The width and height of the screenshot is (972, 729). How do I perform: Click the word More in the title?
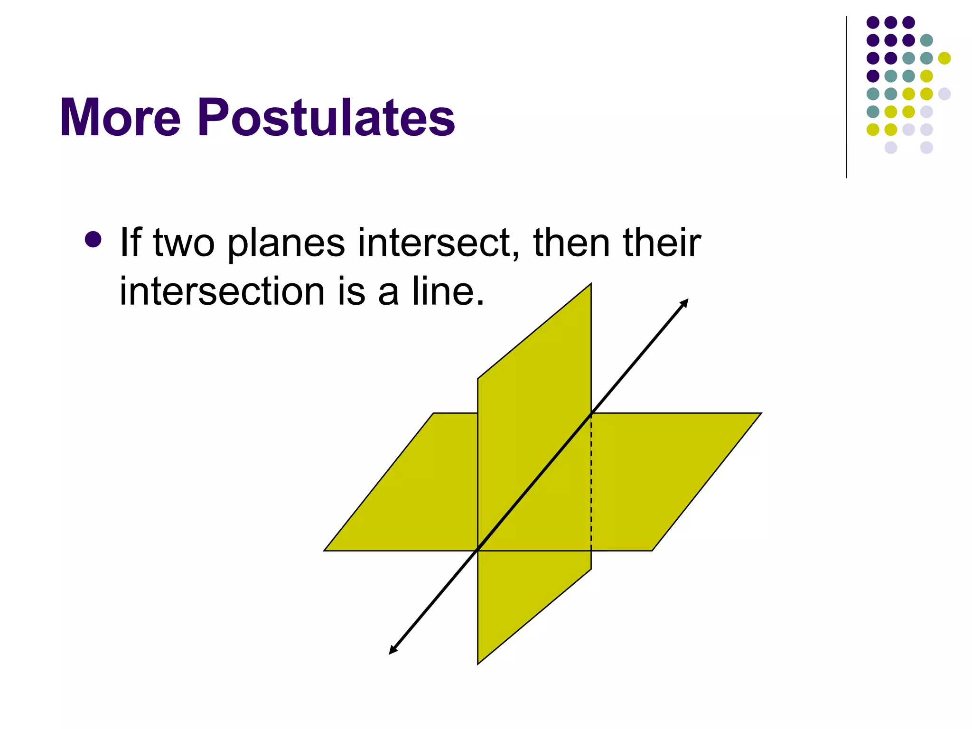click(120, 117)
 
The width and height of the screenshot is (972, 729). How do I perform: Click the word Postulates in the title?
click(327, 117)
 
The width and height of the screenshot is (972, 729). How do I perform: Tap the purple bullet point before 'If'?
click(93, 240)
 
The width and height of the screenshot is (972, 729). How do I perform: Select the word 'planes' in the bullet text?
click(286, 243)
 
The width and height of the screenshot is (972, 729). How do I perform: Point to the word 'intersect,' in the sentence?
click(439, 243)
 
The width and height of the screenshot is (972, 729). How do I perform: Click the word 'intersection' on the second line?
click(222, 291)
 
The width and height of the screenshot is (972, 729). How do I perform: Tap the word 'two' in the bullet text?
click(184, 243)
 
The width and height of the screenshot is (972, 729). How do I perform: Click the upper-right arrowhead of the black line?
click(684, 303)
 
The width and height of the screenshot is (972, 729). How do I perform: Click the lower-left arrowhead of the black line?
click(393, 650)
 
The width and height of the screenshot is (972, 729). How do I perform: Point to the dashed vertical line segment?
click(591, 484)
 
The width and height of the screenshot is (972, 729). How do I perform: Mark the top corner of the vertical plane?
click(591, 284)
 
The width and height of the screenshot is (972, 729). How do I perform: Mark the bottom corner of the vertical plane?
click(478, 664)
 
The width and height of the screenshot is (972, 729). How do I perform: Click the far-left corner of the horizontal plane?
click(325, 551)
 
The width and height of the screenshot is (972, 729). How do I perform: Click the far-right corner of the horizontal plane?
click(761, 413)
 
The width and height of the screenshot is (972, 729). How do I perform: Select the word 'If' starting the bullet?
click(131, 243)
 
